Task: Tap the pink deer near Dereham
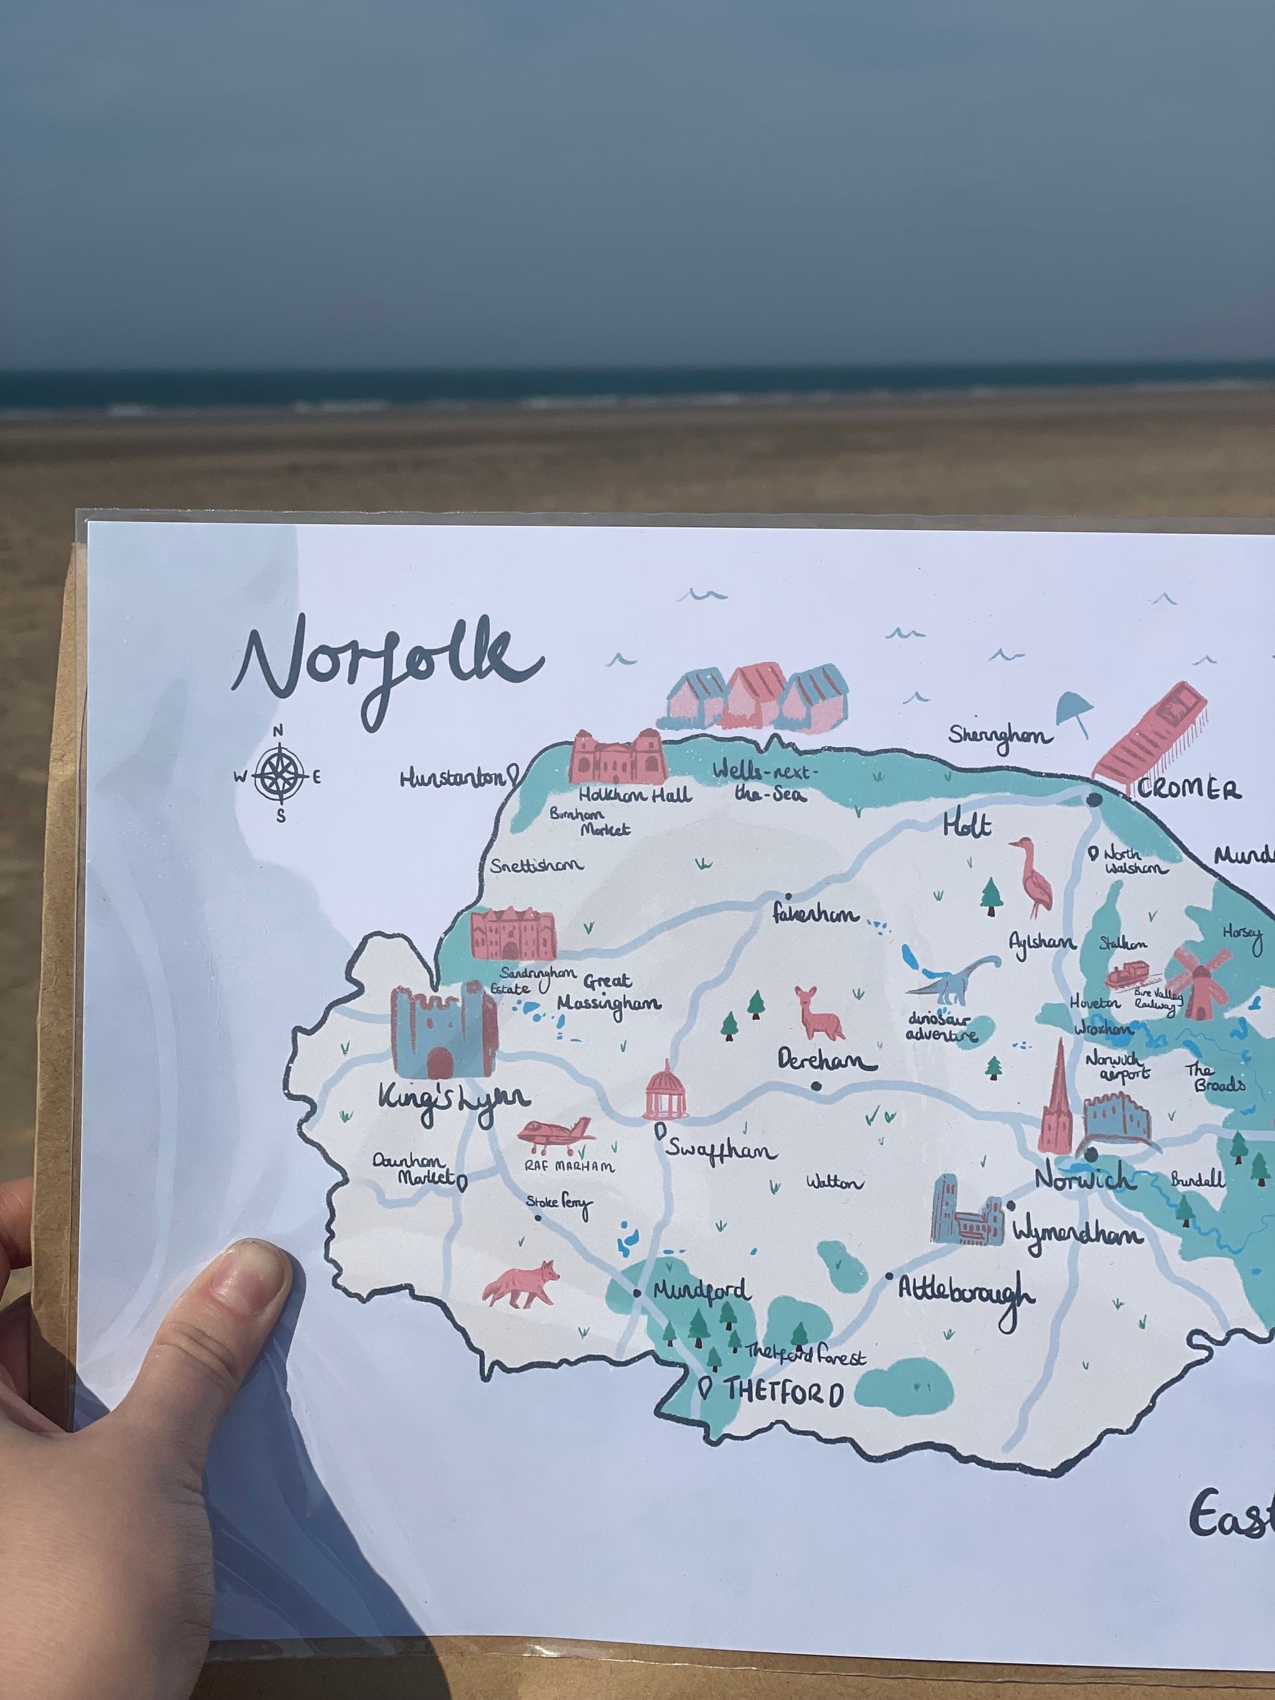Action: pos(819,1013)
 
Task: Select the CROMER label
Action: pos(1188,789)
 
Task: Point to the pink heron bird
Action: pos(1034,876)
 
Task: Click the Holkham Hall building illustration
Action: pos(617,757)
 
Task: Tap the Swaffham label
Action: pos(720,1150)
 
